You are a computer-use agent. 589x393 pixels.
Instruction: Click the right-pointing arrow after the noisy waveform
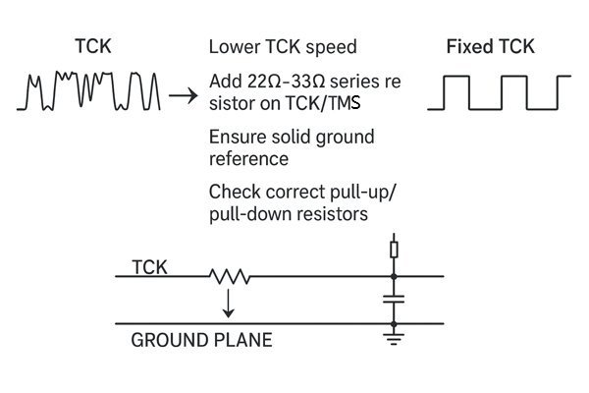point(180,96)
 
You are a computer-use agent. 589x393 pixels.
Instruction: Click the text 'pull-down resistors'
point(282,212)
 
